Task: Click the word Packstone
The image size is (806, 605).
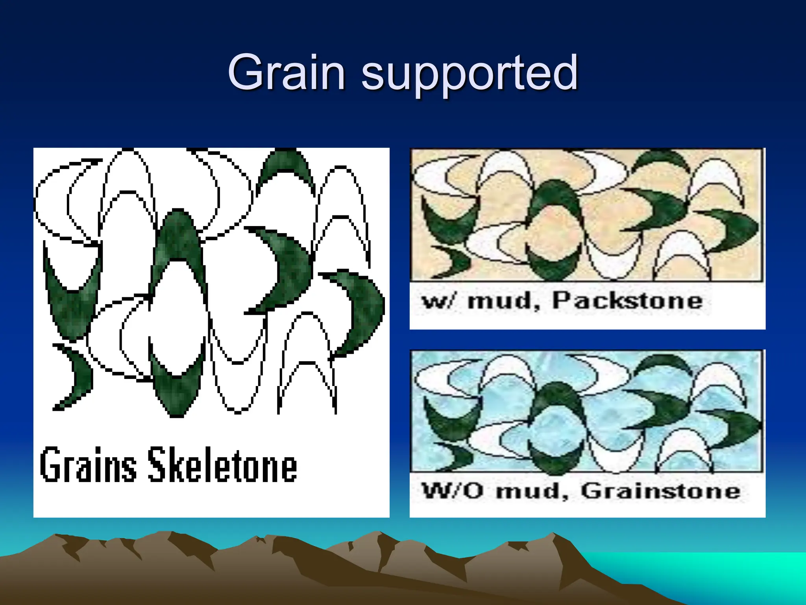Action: pyautogui.click(x=627, y=301)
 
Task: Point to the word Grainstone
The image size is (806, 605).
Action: pyautogui.click(x=661, y=491)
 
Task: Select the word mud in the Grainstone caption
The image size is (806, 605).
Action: pyautogui.click(x=532, y=492)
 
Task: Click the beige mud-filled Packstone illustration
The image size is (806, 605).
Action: pyautogui.click(x=586, y=215)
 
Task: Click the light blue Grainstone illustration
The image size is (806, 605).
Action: pyautogui.click(x=586, y=412)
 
